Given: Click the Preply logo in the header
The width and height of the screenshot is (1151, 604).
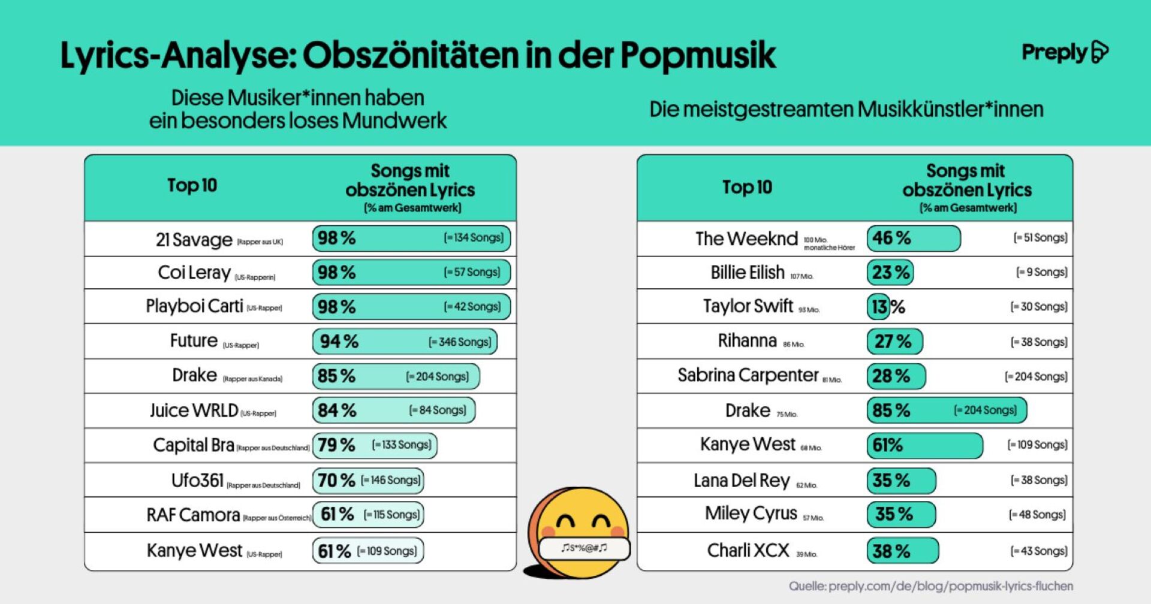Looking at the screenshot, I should tap(1064, 53).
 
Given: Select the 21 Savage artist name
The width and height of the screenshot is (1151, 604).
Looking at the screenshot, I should tap(194, 240).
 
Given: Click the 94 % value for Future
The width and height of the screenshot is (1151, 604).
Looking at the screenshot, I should tap(339, 342).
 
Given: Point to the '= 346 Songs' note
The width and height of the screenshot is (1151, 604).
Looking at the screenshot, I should tap(460, 342).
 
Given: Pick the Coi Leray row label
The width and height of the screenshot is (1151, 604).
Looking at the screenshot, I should tap(194, 273).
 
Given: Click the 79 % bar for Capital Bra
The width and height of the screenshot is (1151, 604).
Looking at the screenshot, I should tap(375, 445).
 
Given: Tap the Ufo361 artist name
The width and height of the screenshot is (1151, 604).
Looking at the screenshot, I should tap(197, 481).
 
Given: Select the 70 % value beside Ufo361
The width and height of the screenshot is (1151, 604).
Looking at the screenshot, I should tap(336, 481).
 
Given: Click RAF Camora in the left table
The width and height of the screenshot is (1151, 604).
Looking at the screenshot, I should tap(193, 515).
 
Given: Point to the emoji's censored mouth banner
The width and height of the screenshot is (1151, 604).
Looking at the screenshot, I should tap(584, 548).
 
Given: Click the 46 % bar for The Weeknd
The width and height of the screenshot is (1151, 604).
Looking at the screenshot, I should tap(913, 238).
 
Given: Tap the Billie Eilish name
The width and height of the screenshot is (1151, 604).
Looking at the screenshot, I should tap(747, 273).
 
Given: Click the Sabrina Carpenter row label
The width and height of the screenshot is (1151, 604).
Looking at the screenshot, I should tap(748, 376).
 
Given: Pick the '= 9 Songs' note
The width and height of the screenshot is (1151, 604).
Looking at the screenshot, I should tap(1041, 273).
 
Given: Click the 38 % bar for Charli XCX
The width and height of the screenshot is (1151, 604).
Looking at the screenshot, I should tap(902, 551).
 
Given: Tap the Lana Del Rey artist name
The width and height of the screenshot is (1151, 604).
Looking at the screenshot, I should tap(742, 481).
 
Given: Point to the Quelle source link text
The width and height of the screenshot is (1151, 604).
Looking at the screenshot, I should tap(930, 586).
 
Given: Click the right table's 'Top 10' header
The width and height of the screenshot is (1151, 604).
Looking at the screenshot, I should tap(747, 188).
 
